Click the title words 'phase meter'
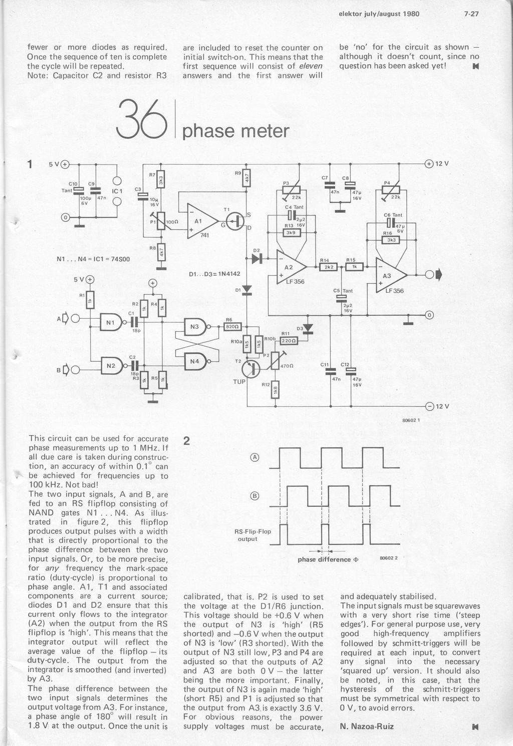[235, 131]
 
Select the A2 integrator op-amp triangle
[290, 268]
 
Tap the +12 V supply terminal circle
[429, 164]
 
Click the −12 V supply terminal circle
[429, 406]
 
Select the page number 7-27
[471, 14]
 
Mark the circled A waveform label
[254, 457]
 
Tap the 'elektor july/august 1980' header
[379, 14]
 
